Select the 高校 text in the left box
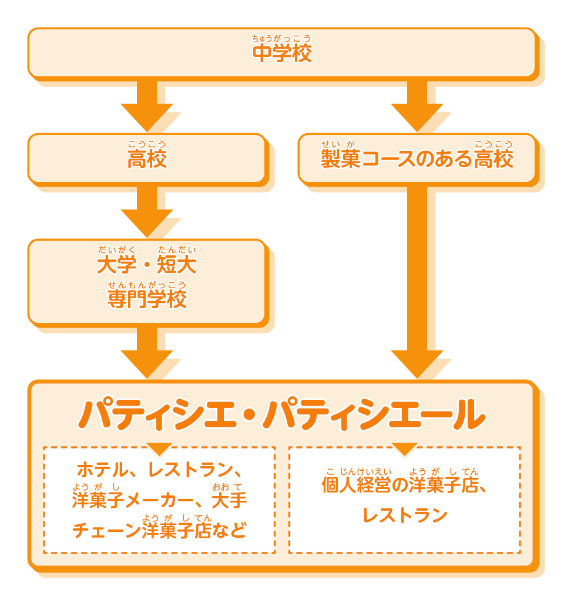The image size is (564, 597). pyautogui.click(x=147, y=159)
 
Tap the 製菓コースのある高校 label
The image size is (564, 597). pyautogui.click(x=417, y=159)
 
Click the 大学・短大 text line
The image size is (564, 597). pyautogui.click(x=147, y=265)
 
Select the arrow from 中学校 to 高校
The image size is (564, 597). pyautogui.click(x=147, y=106)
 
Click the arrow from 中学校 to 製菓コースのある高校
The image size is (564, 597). pyautogui.click(x=417, y=106)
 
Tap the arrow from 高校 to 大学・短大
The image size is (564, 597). pyautogui.click(x=147, y=211)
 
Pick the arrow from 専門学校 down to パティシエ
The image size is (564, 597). pyautogui.click(x=147, y=352)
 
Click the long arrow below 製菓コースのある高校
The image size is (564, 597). pyautogui.click(x=417, y=282)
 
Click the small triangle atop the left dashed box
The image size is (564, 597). pyautogui.click(x=159, y=449)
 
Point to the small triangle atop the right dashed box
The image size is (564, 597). pyautogui.click(x=405, y=449)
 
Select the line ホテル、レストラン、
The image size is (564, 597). pyautogui.click(x=159, y=471)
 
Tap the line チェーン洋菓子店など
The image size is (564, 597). pyautogui.click(x=159, y=531)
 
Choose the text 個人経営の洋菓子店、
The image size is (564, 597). pyautogui.click(x=405, y=485)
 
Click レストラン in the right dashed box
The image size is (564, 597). pyautogui.click(x=405, y=516)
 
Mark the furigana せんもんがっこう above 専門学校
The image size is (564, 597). pyautogui.click(x=147, y=285)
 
